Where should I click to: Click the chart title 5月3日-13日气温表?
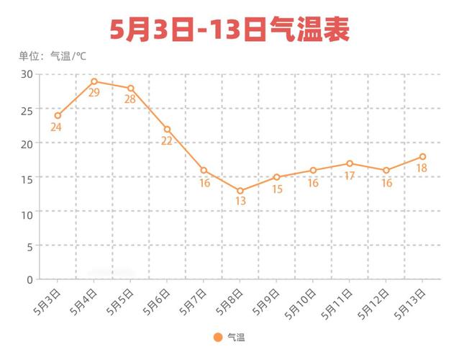(229, 30)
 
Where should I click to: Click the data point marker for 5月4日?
(94, 81)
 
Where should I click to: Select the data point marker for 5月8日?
(240, 191)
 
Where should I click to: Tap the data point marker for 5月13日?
(422, 156)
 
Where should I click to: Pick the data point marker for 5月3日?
(58, 115)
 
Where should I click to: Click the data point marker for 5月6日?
(167, 130)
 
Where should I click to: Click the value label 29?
(94, 93)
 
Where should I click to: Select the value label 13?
(240, 202)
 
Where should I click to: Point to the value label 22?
(166, 141)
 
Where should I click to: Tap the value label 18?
(422, 168)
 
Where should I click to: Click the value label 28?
(130, 99)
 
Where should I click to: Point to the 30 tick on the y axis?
(27, 74)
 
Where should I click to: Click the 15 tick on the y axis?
(27, 177)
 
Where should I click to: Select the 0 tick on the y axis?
(30, 279)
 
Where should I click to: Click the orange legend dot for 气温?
(218, 336)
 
